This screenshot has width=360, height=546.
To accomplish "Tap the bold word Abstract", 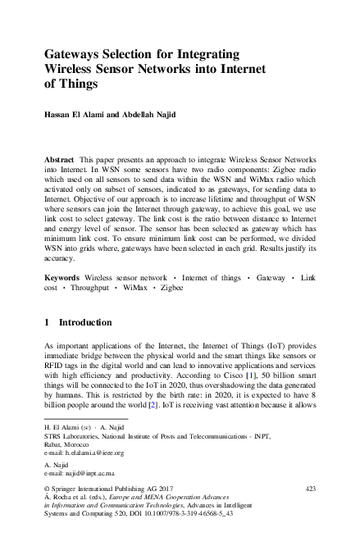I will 62,155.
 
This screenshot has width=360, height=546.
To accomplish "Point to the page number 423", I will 310,489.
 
